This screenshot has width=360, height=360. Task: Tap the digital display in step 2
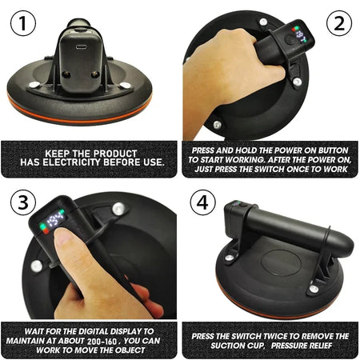297,37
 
